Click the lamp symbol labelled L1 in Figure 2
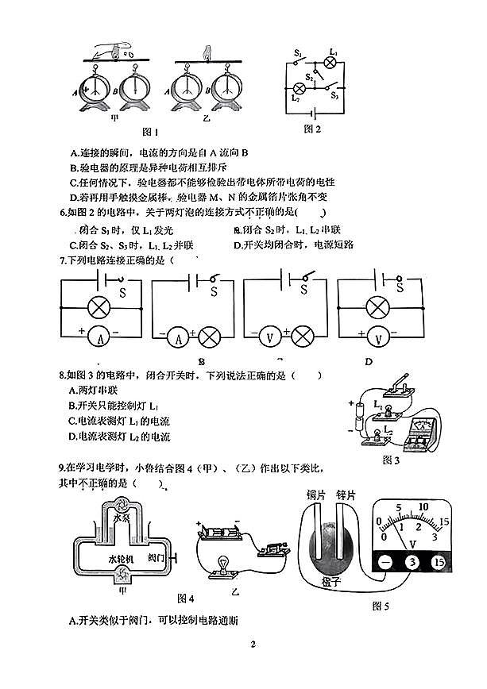tap(333, 64)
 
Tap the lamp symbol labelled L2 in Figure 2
tap(300, 87)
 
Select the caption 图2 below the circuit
tap(312, 129)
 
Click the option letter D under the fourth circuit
tap(368, 361)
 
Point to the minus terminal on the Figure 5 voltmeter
tap(385, 563)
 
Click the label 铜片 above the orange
tap(317, 495)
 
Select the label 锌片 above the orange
tap(346, 495)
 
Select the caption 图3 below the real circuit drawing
tap(392, 459)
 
